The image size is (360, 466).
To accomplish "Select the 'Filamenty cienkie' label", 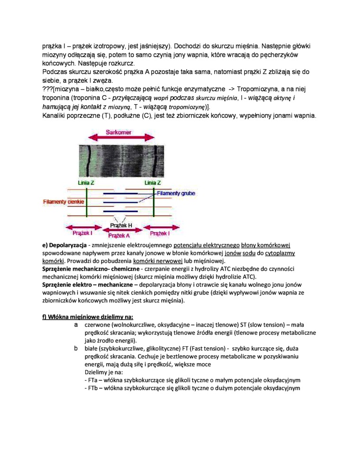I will click(x=63, y=202).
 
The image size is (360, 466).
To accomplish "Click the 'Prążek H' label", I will click(x=121, y=225).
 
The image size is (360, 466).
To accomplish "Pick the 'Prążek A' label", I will click(x=119, y=235).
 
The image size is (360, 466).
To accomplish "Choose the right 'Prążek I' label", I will click(x=160, y=233).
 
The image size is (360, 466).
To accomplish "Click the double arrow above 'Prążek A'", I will click(x=119, y=230).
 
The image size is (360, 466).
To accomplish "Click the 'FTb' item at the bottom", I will click(x=90, y=388).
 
